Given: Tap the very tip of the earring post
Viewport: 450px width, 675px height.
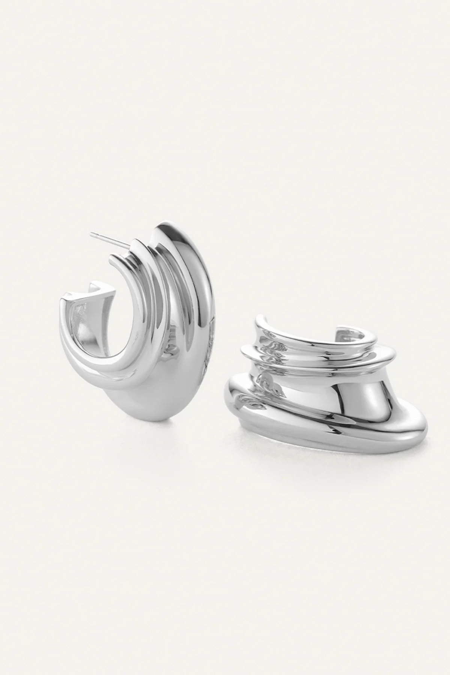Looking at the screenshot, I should [91, 234].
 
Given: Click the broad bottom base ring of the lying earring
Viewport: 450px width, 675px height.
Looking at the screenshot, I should [337, 435].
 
